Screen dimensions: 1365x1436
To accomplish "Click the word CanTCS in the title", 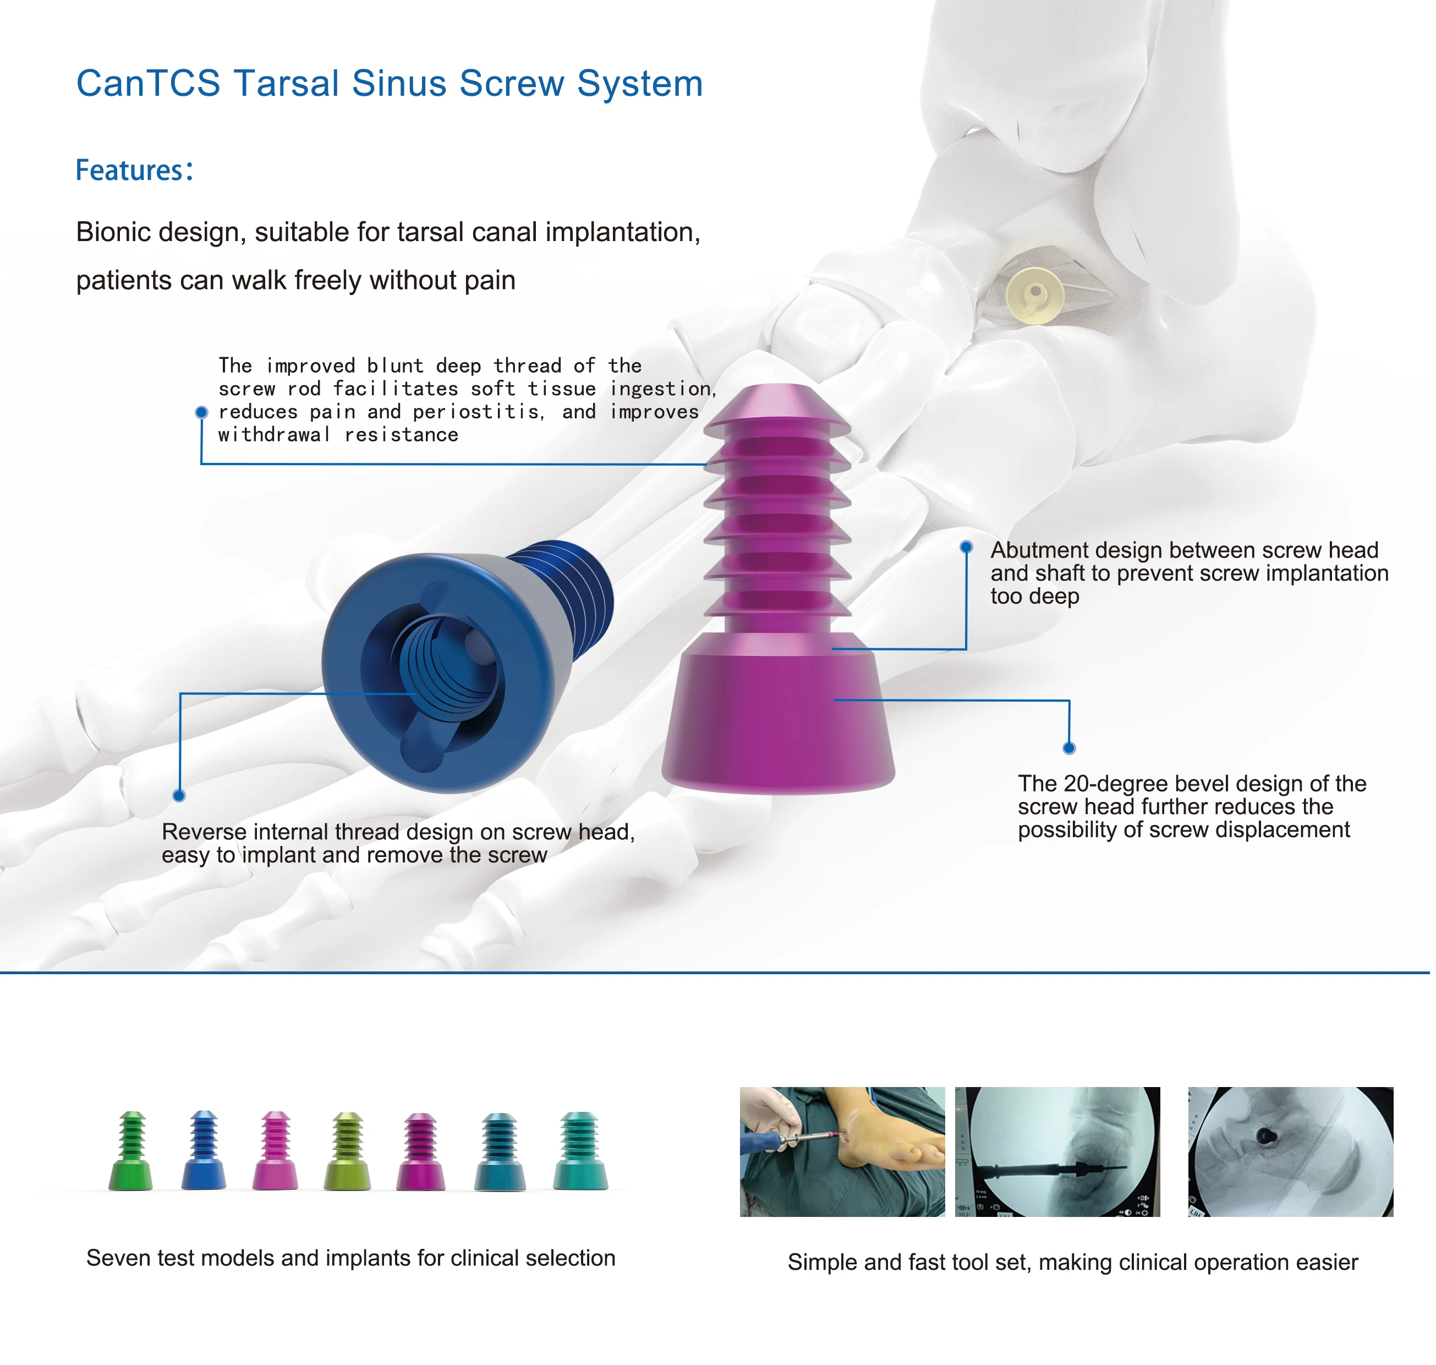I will tap(147, 83).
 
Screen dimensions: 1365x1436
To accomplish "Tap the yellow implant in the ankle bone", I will tap(1034, 296).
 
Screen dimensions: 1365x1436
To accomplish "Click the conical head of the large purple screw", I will tap(777, 717).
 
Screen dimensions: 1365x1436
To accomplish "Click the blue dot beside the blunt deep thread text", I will tap(201, 413).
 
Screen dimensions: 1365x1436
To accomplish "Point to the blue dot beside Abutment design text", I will tap(966, 547).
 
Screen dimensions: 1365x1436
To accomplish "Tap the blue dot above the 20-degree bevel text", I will tap(1068, 748).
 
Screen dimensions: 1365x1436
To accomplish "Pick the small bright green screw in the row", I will tap(131, 1152).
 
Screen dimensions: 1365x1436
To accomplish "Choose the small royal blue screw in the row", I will tap(204, 1152).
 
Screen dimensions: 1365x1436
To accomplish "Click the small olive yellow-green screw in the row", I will tap(347, 1152).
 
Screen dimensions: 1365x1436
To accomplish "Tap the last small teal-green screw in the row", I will tap(580, 1152).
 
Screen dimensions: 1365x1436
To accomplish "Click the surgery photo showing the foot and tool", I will tap(842, 1152).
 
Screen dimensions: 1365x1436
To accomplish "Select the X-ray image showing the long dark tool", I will tap(1057, 1152).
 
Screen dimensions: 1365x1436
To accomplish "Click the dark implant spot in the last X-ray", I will tap(1267, 1135).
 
